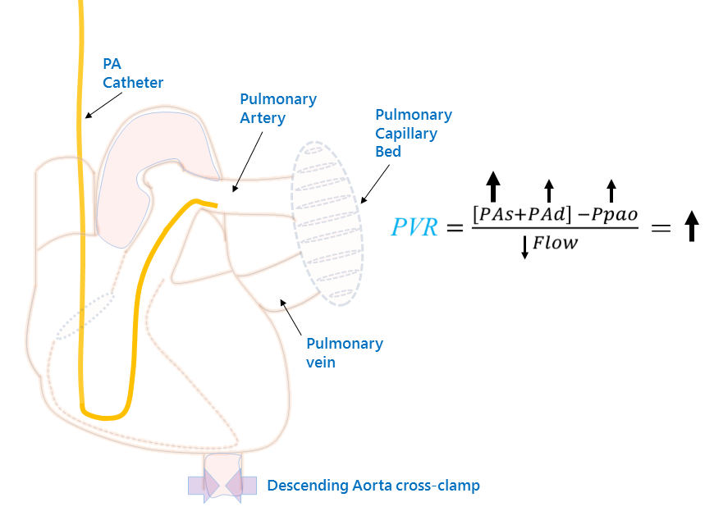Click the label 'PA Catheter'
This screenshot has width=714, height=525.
pyautogui.click(x=132, y=73)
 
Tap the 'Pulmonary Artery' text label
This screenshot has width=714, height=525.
pyautogui.click(x=277, y=108)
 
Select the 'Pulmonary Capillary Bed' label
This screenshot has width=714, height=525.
pyautogui.click(x=413, y=133)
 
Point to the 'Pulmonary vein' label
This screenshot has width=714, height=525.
pyautogui.click(x=344, y=352)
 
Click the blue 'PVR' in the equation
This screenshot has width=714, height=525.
pyautogui.click(x=416, y=227)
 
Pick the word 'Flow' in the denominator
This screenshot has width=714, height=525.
pyautogui.click(x=556, y=243)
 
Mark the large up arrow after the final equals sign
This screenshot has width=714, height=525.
pyautogui.click(x=691, y=226)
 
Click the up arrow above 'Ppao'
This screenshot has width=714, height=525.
pyautogui.click(x=610, y=189)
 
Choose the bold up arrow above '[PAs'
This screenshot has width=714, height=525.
pyautogui.click(x=492, y=186)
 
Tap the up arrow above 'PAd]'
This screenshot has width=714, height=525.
pyautogui.click(x=549, y=189)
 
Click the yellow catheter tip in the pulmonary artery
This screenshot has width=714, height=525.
pyautogui.click(x=214, y=204)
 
